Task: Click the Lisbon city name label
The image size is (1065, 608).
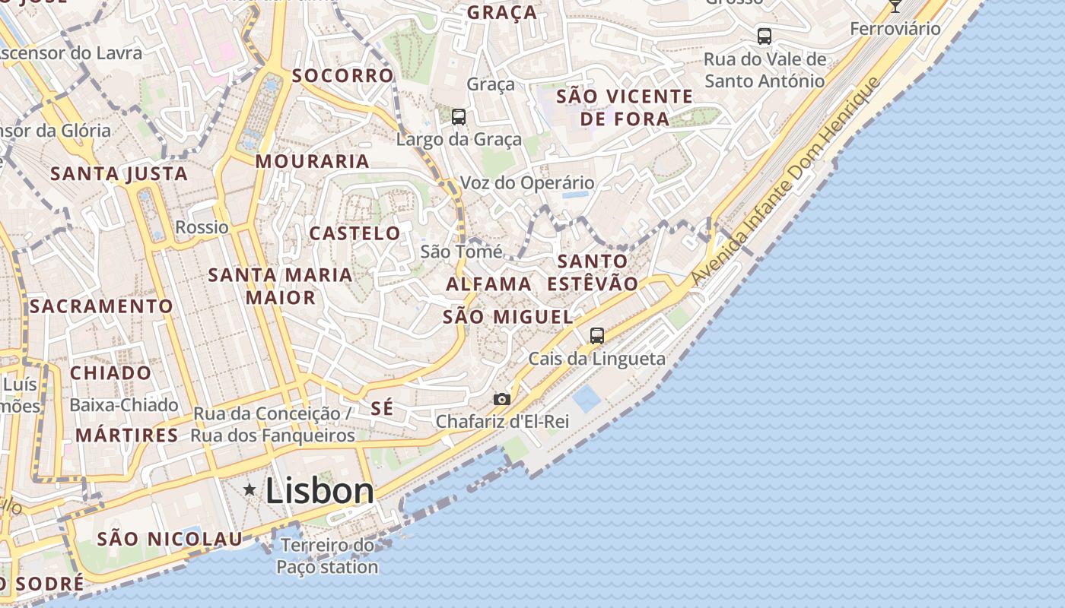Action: point(319,492)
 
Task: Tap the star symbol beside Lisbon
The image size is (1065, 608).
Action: point(250,490)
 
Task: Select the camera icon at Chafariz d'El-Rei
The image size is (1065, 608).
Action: point(501,399)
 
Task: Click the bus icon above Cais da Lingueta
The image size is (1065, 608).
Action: point(597,335)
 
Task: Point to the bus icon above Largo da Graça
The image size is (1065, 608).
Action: point(459,116)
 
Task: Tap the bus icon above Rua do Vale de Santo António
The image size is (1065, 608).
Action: point(765,36)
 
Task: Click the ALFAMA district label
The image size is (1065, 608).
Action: point(488,284)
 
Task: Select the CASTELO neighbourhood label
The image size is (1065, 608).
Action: point(354,233)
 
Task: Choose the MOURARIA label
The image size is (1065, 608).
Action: point(312,161)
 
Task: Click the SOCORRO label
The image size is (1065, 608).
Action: point(343,76)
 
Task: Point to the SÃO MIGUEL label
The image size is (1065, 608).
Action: point(507,317)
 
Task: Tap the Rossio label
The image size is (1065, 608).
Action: point(202,227)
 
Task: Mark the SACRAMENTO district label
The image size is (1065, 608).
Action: point(101,306)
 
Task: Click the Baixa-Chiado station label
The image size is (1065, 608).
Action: point(124,405)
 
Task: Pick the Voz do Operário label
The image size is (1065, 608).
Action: point(527,183)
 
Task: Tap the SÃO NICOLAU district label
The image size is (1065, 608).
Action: point(170,539)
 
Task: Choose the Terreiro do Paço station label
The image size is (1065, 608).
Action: point(327,556)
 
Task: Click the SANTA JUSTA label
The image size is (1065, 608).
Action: point(119,173)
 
